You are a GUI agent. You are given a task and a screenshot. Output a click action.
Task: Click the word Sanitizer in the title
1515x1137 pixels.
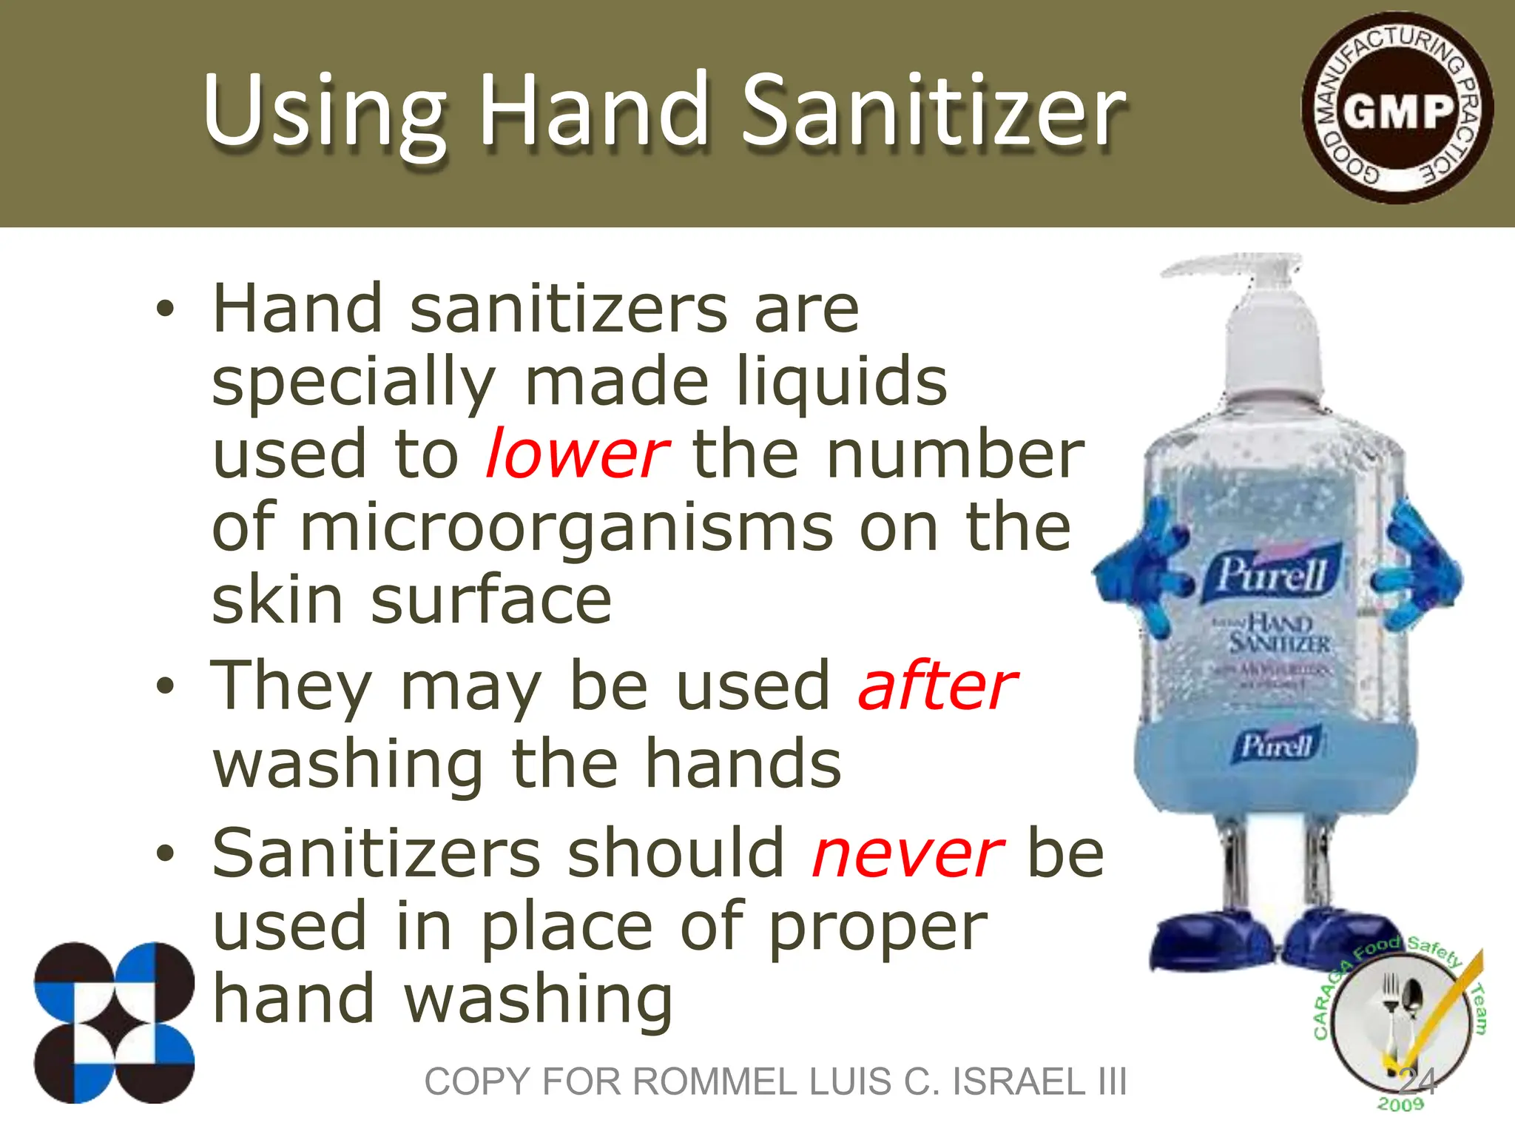coord(934,111)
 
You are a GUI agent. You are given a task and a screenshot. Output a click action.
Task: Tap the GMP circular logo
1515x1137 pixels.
coord(1397,110)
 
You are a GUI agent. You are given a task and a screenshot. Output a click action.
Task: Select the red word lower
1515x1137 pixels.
coord(577,455)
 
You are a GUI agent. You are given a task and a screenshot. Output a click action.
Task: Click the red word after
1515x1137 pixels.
coord(938,687)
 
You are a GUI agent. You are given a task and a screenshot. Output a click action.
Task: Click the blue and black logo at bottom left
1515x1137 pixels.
coord(114,1023)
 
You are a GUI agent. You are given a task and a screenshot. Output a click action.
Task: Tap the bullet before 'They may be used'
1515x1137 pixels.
coord(165,685)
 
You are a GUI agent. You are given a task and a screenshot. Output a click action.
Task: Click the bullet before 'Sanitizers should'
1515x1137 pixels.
coord(165,853)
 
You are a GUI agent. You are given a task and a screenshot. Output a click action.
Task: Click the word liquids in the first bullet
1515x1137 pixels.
coord(842,382)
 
